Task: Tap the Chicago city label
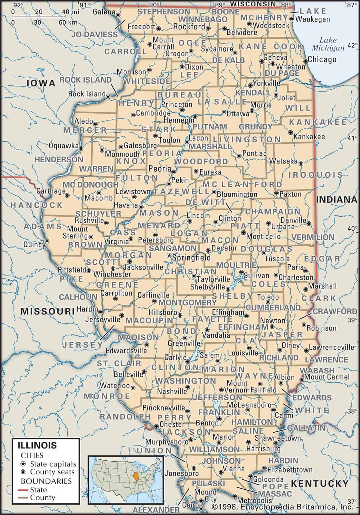coord(322,59)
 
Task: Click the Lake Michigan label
coord(328,44)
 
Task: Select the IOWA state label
coord(41,83)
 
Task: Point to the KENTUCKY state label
coord(320,483)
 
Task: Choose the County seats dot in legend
coord(23,472)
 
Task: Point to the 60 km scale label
coord(68,22)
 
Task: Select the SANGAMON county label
coord(173,248)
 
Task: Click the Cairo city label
coord(190,505)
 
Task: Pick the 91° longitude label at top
coord(84,5)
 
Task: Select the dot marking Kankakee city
coord(291,132)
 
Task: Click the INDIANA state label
coord(337,200)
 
